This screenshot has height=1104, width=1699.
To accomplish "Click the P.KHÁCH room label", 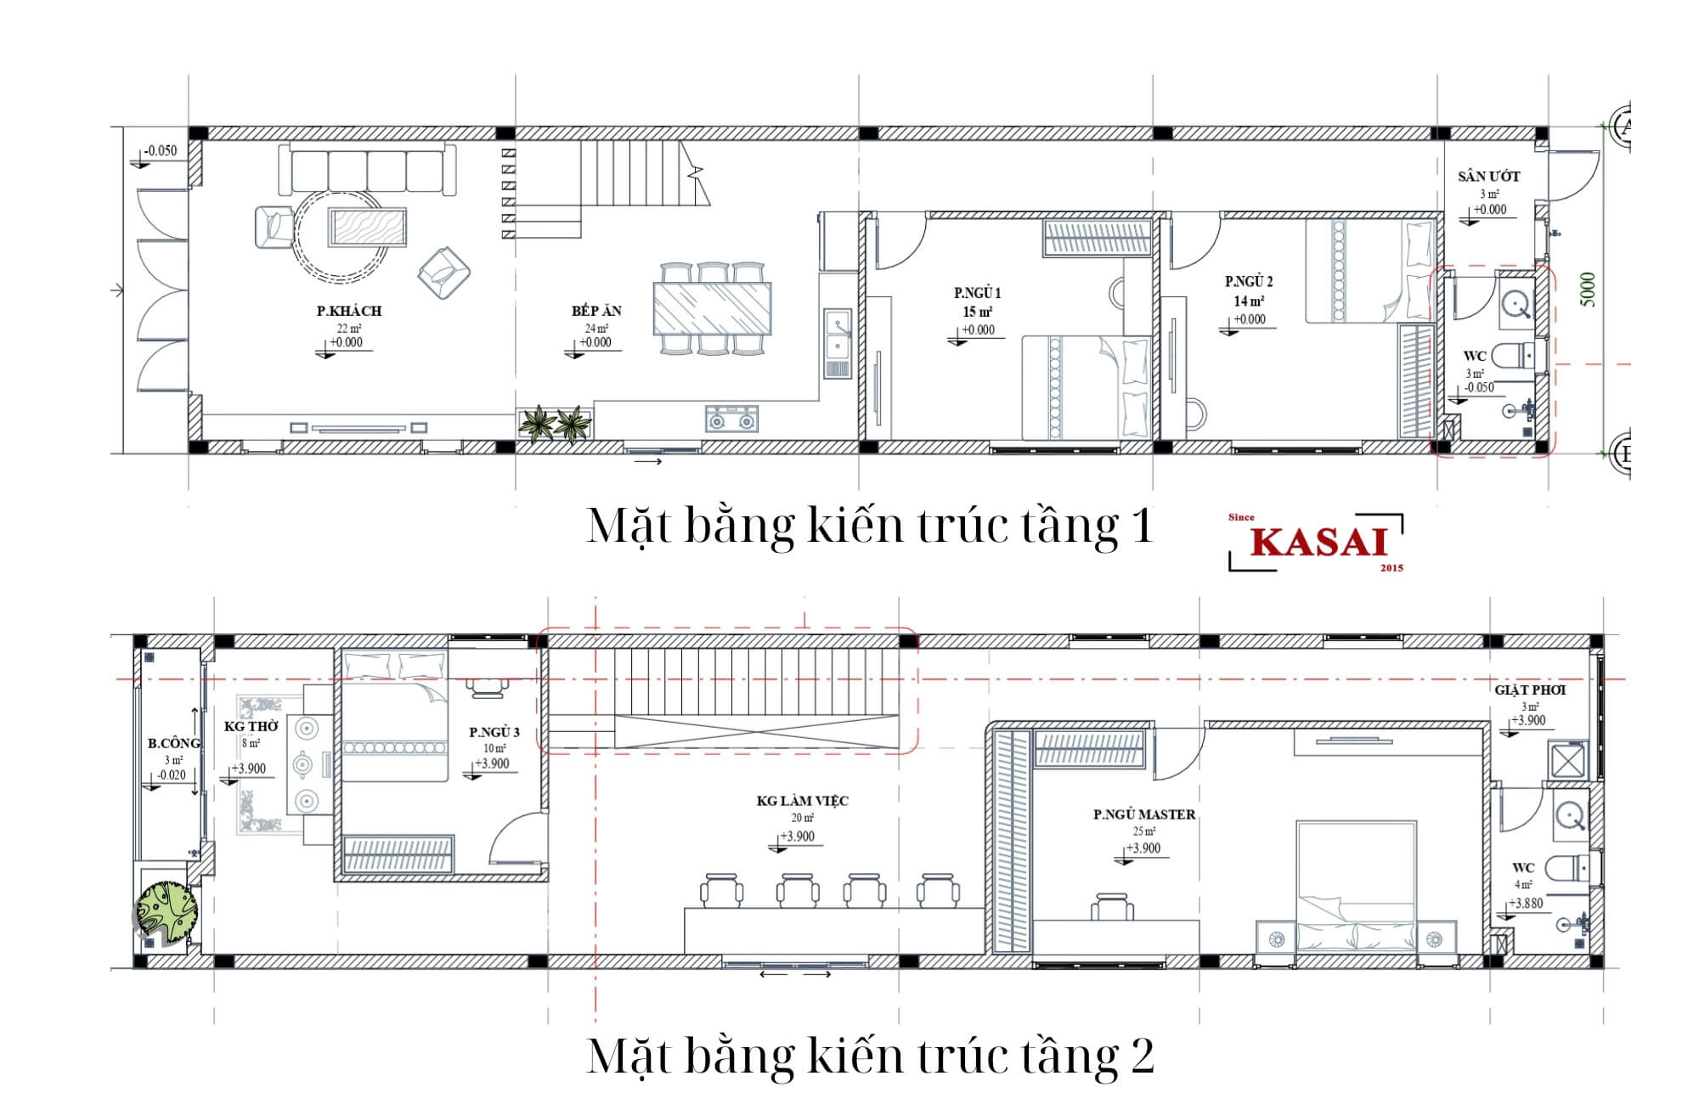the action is click(349, 311).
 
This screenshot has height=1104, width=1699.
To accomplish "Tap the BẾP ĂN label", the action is click(596, 311).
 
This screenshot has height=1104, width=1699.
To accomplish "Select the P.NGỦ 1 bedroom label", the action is click(977, 293).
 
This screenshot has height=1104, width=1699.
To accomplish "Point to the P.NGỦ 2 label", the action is click(1249, 281).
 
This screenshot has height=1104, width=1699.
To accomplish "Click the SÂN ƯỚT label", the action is click(1489, 177).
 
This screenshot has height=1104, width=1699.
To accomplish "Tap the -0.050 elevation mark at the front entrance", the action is click(161, 150).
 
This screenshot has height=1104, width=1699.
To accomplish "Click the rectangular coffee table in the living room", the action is click(368, 228).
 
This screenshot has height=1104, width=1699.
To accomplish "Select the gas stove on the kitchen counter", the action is click(731, 419).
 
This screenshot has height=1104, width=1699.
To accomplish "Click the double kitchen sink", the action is click(837, 335).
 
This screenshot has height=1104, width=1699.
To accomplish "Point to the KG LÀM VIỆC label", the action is click(802, 801).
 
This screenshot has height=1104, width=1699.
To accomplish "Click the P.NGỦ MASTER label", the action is click(1144, 814).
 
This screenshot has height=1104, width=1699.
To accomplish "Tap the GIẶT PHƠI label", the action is click(1530, 690).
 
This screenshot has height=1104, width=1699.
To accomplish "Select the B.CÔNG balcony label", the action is click(174, 743).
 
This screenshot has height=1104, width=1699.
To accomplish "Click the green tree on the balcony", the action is click(167, 913).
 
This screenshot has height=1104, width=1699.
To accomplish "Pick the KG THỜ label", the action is click(251, 727).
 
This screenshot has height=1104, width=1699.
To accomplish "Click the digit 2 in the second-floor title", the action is click(1141, 1056).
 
